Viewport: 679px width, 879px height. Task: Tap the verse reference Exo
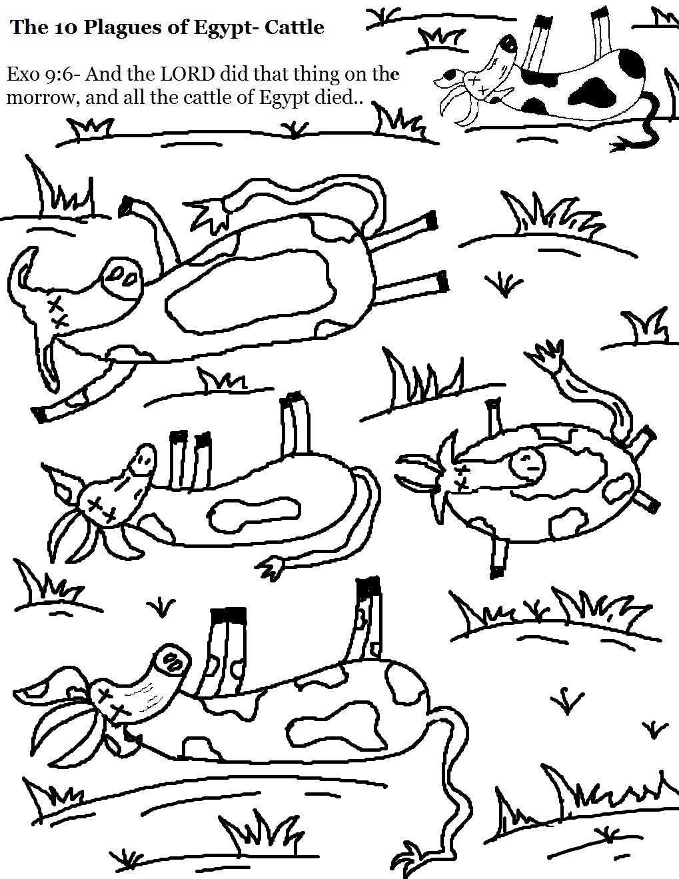tap(22, 73)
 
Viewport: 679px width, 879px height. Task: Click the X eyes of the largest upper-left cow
tap(57, 311)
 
